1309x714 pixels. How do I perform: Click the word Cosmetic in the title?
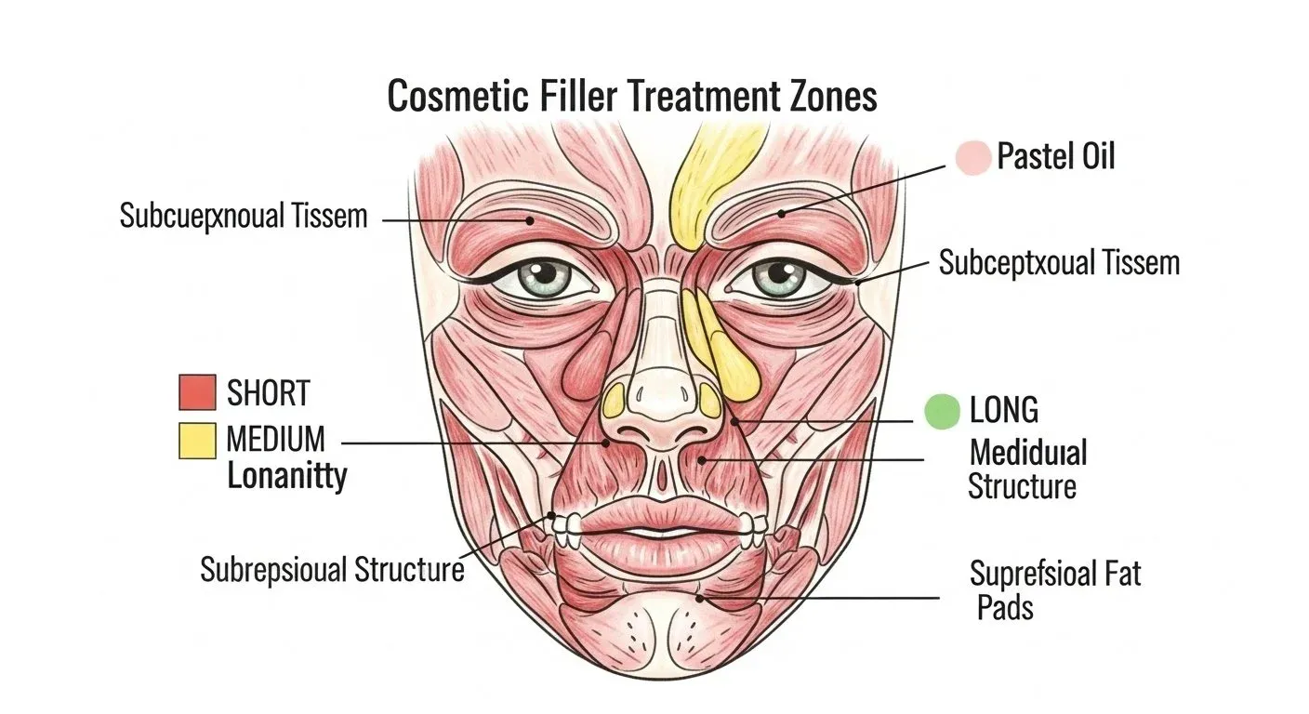[x=457, y=96]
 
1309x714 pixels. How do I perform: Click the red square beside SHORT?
[x=197, y=392]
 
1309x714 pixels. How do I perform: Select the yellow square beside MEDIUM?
[x=197, y=441]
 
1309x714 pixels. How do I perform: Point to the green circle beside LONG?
[x=942, y=411]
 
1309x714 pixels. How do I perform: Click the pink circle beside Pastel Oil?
[x=973, y=157]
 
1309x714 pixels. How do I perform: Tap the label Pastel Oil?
[x=1056, y=156]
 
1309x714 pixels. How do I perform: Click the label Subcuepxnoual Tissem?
[x=244, y=217]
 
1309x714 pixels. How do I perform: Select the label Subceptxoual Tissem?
[x=1059, y=263]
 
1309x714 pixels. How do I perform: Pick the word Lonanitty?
[x=287, y=477]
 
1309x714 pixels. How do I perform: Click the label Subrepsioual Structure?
[x=332, y=569]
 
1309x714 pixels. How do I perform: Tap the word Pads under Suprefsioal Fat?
[x=1005, y=608]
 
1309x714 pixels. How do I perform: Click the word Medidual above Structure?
[x=1028, y=453]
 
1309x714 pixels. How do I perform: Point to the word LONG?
[x=1004, y=410]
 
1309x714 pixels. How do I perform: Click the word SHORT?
[x=269, y=392]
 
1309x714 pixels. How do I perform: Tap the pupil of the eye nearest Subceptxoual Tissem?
[x=778, y=272]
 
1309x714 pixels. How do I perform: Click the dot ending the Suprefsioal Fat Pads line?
[x=699, y=599]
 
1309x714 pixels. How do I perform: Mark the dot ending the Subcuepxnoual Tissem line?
[x=529, y=221]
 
